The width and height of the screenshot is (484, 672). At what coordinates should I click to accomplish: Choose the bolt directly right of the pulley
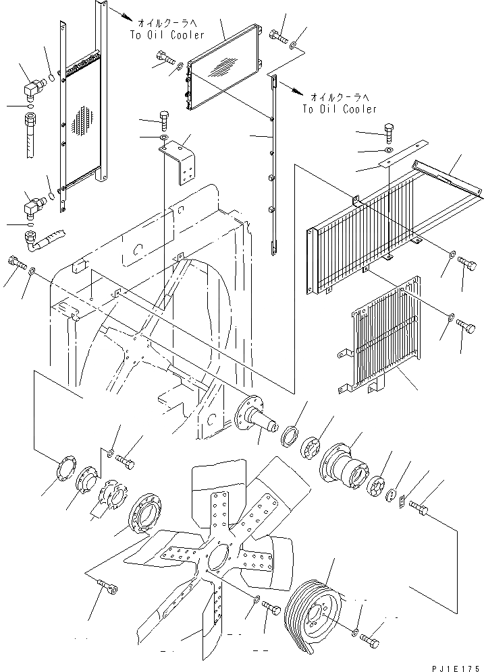370,637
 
